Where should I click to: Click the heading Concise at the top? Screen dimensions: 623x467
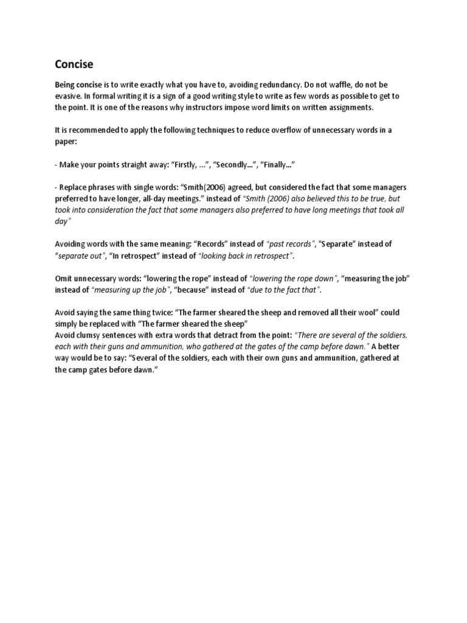(74, 64)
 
